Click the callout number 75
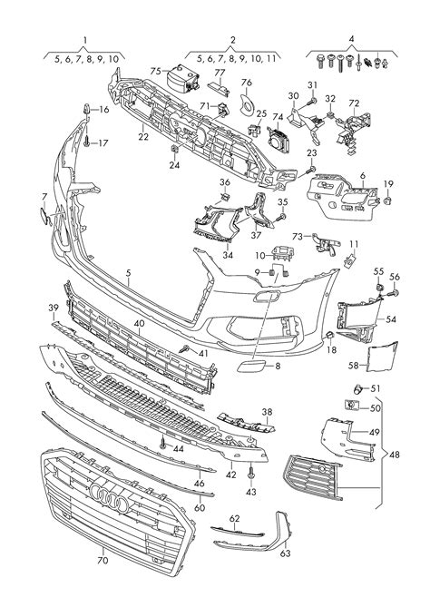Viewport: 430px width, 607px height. click(156, 72)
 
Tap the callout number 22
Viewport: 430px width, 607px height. click(143, 137)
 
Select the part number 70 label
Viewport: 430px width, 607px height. click(103, 560)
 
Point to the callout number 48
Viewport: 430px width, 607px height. click(394, 455)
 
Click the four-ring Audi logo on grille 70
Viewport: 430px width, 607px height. click(109, 497)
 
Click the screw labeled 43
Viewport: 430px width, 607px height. click(250, 471)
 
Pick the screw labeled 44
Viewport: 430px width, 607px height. click(163, 443)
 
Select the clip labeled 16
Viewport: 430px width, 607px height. click(87, 109)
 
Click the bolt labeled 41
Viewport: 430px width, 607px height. click(184, 348)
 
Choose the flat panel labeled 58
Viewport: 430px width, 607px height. click(382, 357)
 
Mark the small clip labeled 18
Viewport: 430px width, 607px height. click(329, 335)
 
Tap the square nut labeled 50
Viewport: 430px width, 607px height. click(351, 406)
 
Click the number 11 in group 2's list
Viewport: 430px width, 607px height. click(271, 59)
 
